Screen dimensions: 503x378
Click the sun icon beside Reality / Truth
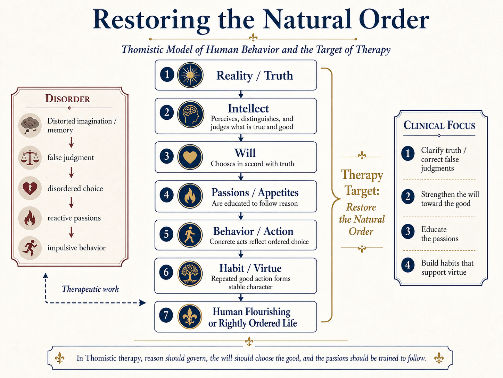(x=190, y=75)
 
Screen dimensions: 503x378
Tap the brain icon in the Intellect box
(x=190, y=114)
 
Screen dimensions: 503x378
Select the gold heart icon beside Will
(x=190, y=157)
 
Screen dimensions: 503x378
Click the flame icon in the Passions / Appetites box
(x=190, y=196)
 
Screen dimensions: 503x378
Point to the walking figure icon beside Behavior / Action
(x=190, y=235)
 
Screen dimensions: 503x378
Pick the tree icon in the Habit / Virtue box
(x=190, y=274)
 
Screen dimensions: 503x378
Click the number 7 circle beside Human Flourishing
(x=166, y=315)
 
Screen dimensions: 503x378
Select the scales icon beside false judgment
(x=30, y=158)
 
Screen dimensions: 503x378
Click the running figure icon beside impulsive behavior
(x=30, y=248)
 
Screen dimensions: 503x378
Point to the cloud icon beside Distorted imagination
(x=30, y=125)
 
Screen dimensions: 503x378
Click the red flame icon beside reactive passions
(x=30, y=218)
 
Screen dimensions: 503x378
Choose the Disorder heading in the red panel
(x=68, y=99)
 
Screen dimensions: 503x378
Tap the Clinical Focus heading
(x=439, y=125)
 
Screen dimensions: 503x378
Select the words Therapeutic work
(x=90, y=289)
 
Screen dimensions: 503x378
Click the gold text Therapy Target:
(x=362, y=182)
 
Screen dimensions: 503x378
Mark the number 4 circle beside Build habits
(x=408, y=265)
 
